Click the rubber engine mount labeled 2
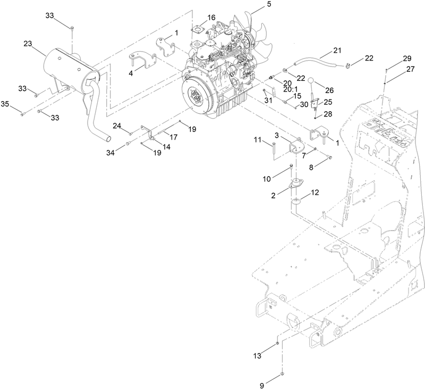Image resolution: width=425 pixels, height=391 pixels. [294, 186]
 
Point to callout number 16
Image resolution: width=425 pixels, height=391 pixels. [211, 18]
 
